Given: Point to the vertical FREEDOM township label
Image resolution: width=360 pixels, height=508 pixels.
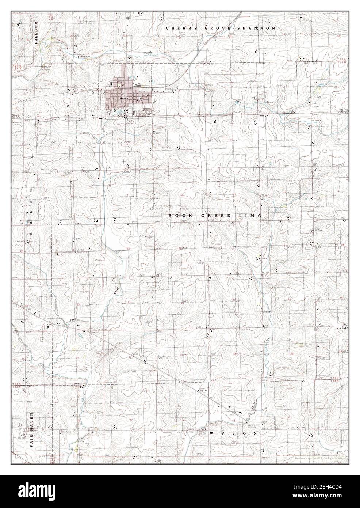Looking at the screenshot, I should click(x=36, y=33).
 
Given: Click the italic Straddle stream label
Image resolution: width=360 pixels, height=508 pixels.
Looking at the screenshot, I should click(x=84, y=57).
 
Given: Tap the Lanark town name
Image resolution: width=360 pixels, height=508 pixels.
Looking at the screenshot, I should click(x=122, y=98).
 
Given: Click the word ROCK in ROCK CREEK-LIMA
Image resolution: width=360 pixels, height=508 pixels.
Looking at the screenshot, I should click(x=176, y=216).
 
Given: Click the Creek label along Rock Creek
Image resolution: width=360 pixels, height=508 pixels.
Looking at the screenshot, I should click(x=116, y=291).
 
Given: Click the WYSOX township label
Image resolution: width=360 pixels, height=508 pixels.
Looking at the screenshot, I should click(x=234, y=433).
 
